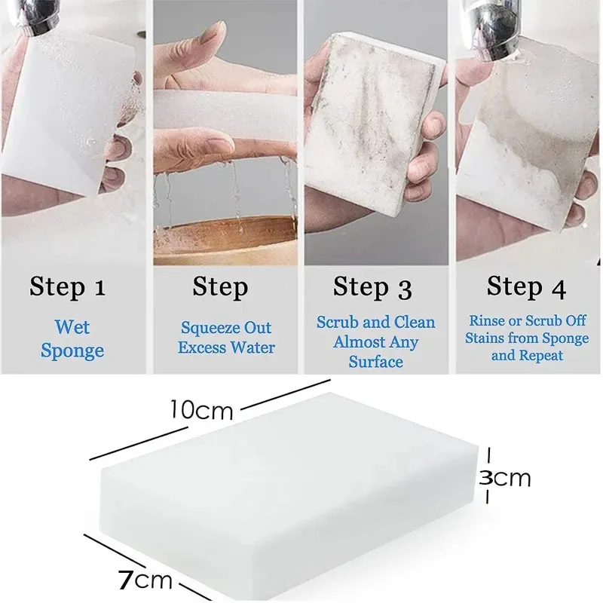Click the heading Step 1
click(68, 287)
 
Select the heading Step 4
click(525, 286)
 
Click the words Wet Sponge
click(72, 339)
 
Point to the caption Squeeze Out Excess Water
click(226, 338)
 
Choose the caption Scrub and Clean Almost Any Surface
click(375, 341)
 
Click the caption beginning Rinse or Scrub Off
click(527, 338)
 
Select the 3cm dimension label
click(506, 477)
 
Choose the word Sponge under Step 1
click(72, 350)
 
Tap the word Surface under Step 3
click(375, 362)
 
